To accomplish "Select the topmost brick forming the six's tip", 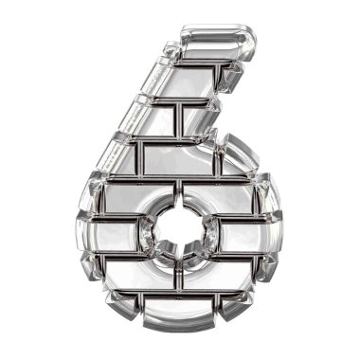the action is pos(218,42).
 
